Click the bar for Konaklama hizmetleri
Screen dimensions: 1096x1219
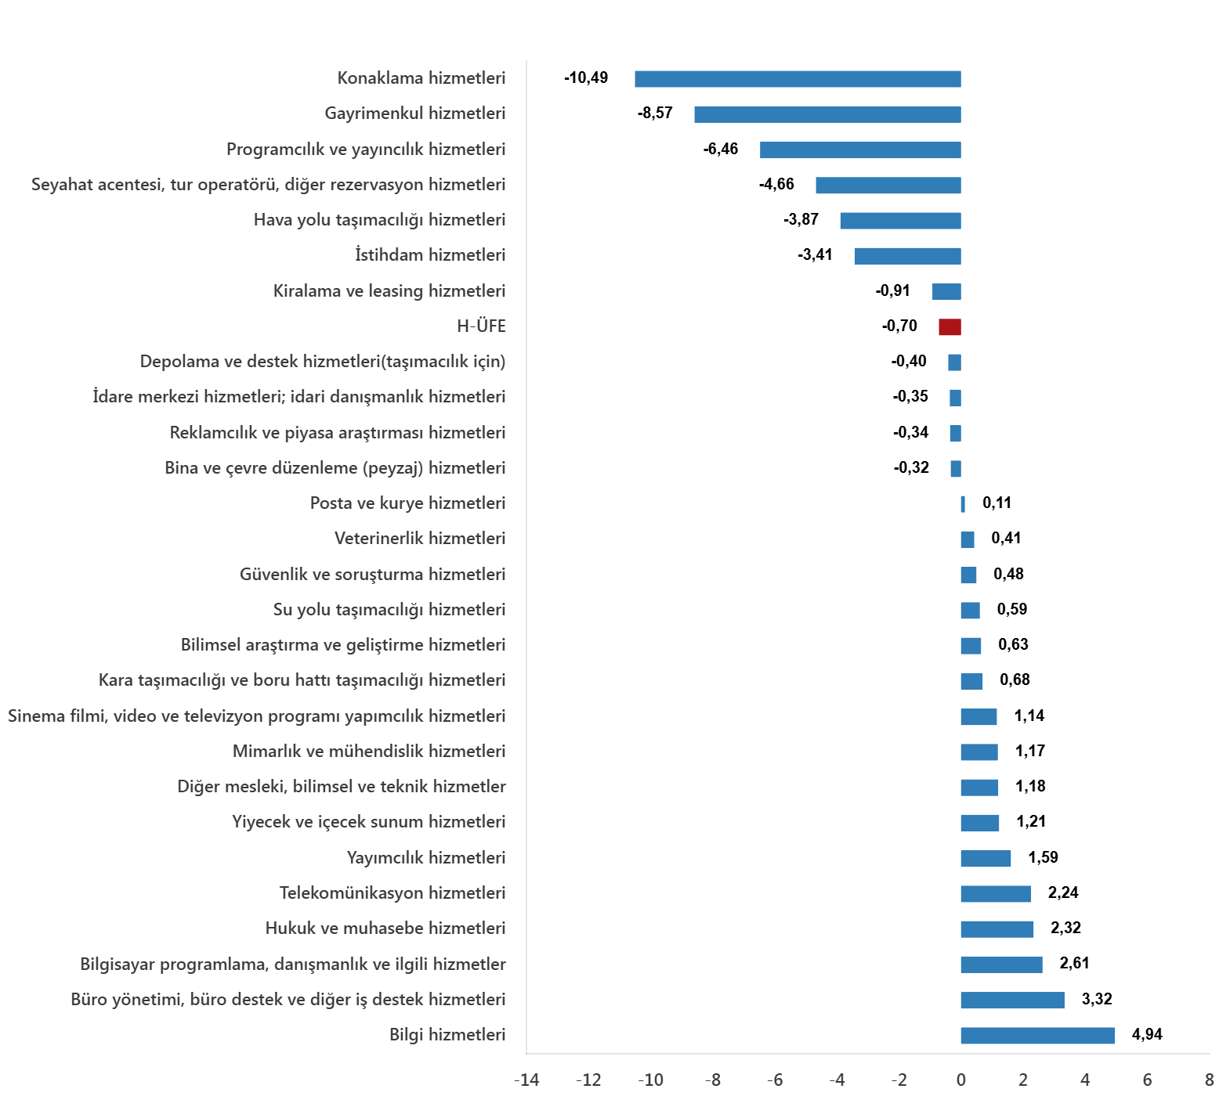click(x=798, y=79)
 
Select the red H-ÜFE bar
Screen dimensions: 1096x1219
click(x=950, y=327)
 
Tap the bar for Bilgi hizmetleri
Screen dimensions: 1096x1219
click(x=1037, y=1036)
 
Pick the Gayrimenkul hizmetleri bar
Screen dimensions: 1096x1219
click(x=827, y=114)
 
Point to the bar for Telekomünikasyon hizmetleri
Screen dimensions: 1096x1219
click(x=996, y=894)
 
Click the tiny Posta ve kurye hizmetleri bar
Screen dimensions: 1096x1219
click(x=963, y=504)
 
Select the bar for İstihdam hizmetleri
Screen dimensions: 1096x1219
click(x=907, y=256)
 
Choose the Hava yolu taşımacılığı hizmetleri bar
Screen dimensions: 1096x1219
click(x=900, y=221)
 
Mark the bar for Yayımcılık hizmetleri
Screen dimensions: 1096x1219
click(x=986, y=859)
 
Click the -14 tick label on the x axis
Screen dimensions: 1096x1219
click(x=526, y=1080)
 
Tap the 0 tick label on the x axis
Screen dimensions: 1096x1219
click(x=961, y=1080)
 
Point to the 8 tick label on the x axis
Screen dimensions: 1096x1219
click(x=1209, y=1080)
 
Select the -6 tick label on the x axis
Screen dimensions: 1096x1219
click(x=774, y=1080)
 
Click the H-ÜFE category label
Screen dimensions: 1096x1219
click(x=481, y=326)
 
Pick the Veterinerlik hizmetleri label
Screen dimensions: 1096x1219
click(x=420, y=539)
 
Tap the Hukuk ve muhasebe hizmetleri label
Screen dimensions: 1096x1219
click(x=385, y=928)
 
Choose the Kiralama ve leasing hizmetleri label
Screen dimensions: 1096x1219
click(x=389, y=291)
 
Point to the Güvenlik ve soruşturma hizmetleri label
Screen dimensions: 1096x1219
click(x=372, y=575)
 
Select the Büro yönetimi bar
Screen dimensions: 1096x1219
click(x=1012, y=1000)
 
